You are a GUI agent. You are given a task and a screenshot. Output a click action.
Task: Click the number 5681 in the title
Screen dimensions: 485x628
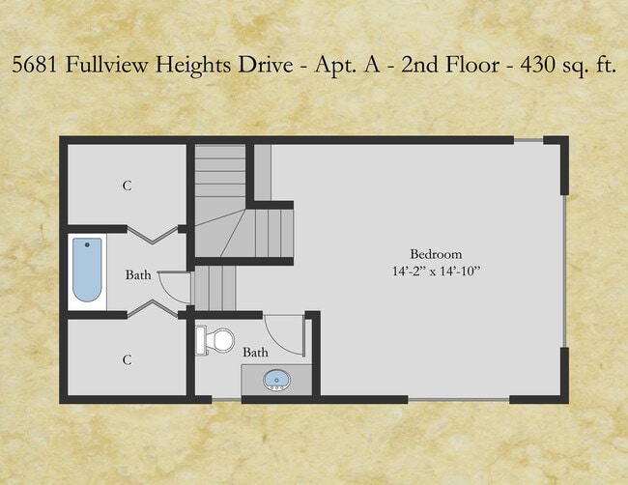(x=34, y=67)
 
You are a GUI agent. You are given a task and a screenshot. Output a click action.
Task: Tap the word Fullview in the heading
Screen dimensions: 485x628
(x=102, y=67)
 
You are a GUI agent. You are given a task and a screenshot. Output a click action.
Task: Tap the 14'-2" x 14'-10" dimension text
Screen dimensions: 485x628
(x=431, y=271)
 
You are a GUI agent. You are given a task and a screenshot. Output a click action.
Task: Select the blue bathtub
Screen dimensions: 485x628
(x=87, y=271)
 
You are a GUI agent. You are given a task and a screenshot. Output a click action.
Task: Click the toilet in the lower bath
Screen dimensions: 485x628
(x=217, y=340)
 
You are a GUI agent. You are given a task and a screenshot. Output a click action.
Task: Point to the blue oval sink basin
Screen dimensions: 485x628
(x=276, y=379)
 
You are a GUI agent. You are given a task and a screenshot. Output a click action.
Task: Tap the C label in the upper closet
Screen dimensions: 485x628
(x=127, y=185)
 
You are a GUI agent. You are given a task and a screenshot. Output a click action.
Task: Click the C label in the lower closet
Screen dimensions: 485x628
(x=127, y=359)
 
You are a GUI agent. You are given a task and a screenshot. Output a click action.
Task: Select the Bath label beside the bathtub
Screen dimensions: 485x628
(x=138, y=274)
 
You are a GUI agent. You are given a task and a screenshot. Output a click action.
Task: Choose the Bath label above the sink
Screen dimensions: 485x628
(x=255, y=353)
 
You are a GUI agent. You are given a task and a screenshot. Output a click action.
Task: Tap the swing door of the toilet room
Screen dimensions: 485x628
(x=285, y=333)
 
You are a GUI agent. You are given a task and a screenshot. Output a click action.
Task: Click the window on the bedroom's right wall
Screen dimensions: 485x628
(x=563, y=271)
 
